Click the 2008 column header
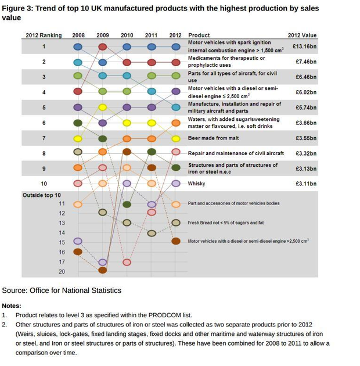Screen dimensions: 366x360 coord(78,35)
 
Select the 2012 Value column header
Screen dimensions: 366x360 coord(302,35)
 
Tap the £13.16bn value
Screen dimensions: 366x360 coord(304,46)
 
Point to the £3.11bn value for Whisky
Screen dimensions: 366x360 coord(305,184)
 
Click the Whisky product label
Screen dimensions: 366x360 coord(196,184)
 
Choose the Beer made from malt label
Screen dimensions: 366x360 coord(213,138)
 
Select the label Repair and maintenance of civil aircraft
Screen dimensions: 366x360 coord(236,153)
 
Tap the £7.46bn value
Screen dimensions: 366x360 coord(305,61)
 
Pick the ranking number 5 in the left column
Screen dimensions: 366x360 coord(44,107)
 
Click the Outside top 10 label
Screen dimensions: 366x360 coord(41,195)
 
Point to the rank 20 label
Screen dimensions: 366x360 coord(62,271)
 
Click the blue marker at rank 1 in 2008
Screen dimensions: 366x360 coord(78,46)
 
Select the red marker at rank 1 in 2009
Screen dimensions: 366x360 coord(103,46)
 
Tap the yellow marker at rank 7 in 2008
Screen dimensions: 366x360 coord(78,138)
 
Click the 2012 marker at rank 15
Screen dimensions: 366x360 coord(176,241)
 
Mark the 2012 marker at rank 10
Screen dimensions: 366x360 coord(176,184)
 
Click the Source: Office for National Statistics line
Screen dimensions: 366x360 coord(62,290)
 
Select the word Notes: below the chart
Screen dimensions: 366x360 coord(12,306)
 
